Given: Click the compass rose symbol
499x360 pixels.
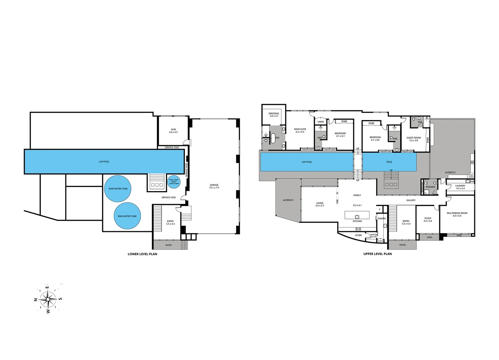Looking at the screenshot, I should pos(48,299).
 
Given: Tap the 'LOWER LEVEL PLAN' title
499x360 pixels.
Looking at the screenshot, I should pos(142,254).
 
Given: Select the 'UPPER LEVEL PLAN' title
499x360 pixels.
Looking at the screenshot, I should pos(378,254).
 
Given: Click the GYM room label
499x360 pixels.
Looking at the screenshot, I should pos(173,131).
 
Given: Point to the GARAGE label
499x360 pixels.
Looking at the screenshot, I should pos(214,186).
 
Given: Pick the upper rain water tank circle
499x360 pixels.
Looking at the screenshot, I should pos(118,189).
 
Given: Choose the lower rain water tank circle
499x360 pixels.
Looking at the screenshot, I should pos(127,216).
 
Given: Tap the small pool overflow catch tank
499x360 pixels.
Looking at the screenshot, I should pos(174,182).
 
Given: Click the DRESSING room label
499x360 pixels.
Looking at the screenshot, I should pos(274,115).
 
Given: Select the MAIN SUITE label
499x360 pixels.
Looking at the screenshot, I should pos(300,130).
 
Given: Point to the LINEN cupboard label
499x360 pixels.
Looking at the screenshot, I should pos(321,122).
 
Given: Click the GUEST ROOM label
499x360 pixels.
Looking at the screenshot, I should pos(414,139).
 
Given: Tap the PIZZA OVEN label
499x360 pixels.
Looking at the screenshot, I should pos(471,176).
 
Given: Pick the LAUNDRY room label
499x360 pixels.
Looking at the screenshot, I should pos(460,187).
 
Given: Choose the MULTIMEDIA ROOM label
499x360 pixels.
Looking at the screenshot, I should pos(457,214).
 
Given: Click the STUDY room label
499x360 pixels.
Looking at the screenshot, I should pos(428,219).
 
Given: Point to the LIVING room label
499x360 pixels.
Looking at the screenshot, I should pos(320,204).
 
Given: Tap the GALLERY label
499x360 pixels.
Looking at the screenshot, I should pos(411,200).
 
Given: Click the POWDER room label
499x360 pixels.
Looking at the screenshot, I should pos(431,187).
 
